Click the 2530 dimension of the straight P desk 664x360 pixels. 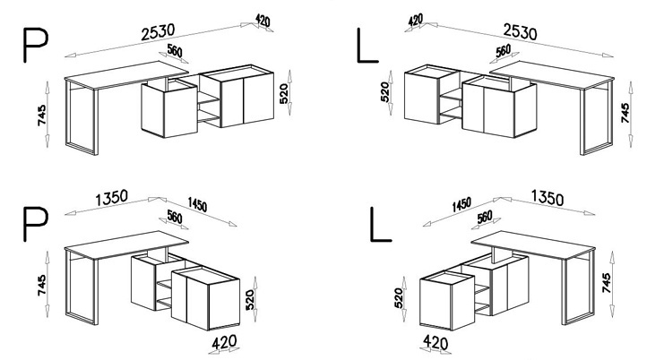coord(158,32)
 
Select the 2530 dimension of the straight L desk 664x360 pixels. coord(520,32)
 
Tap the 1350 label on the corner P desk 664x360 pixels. coord(111,198)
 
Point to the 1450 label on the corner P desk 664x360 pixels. coord(197,205)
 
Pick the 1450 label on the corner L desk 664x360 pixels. coord(461,205)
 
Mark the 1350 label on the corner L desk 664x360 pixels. coord(548,198)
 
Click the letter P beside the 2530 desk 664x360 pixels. coord(36,46)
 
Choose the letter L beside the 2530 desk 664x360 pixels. coord(367,46)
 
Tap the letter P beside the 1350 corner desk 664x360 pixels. coord(36,224)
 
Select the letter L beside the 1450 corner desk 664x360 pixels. coord(380,224)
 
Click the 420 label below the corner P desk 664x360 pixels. coord(224,342)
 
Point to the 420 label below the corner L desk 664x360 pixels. coord(435,342)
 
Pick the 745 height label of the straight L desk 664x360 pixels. coord(625,113)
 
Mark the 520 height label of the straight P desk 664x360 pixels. coord(284,93)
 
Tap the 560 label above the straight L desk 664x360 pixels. coord(503,51)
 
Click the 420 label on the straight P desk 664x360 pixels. coord(263,21)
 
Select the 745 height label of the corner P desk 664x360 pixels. coord(41,285)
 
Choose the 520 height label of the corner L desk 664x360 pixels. coord(399,298)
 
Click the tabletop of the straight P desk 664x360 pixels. coord(127,74)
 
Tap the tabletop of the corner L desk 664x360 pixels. coord(533,244)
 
